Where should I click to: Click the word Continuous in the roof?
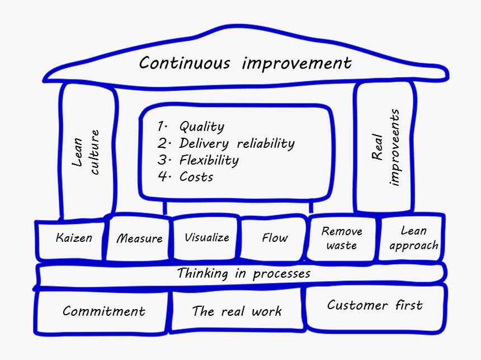[x=185, y=63]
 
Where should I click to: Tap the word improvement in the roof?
[x=296, y=64]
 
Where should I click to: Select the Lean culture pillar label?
[x=86, y=152]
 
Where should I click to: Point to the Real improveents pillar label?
[x=386, y=147]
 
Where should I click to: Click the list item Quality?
[x=202, y=127]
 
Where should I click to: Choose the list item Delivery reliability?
[x=237, y=143]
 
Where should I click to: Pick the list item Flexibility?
[x=209, y=160]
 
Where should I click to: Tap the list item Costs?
[x=196, y=177]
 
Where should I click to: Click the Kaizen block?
[x=70, y=239]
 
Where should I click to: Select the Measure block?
[x=139, y=238]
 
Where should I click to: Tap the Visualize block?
[x=206, y=238]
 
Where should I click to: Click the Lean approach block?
[x=412, y=238]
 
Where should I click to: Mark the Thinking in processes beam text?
[x=244, y=273]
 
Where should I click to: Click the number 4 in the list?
[x=162, y=176]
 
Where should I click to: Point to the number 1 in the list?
[x=161, y=126]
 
